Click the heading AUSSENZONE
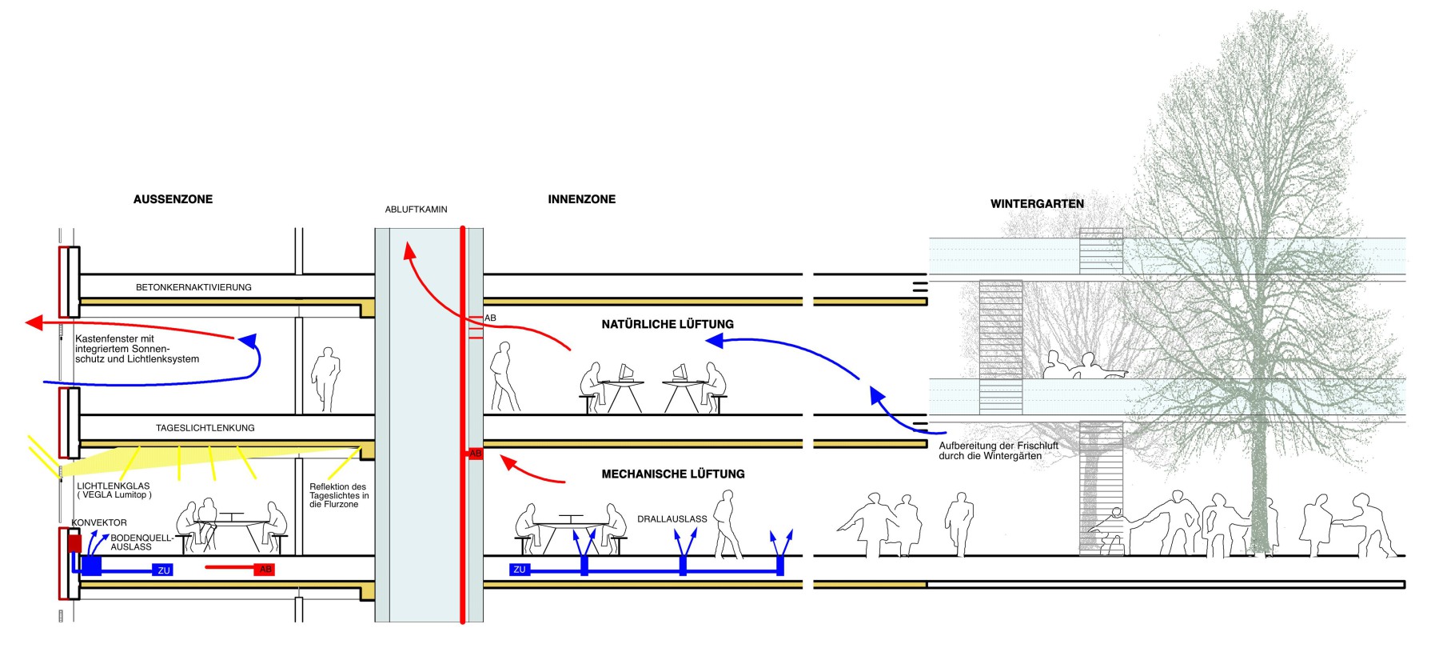tap(173, 199)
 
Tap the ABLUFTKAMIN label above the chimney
tap(416, 210)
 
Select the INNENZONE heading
tap(581, 199)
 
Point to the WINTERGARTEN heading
tap(1037, 204)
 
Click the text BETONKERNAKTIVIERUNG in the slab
tap(193, 287)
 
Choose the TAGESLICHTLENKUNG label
tap(205, 428)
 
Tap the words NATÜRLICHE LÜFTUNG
tap(667, 324)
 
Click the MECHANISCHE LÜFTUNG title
tap(672, 474)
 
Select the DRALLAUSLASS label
tap(672, 519)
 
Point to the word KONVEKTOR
tap(99, 522)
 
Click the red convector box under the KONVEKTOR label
tap(74, 544)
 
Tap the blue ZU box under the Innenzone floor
tap(520, 570)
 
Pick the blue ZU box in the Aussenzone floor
tap(163, 570)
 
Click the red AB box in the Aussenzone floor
tap(265, 570)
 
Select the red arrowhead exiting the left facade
tap(34, 322)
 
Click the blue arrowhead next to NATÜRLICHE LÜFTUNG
tap(714, 342)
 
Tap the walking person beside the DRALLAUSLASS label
tap(727, 524)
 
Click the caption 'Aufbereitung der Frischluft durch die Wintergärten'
tap(998, 451)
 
